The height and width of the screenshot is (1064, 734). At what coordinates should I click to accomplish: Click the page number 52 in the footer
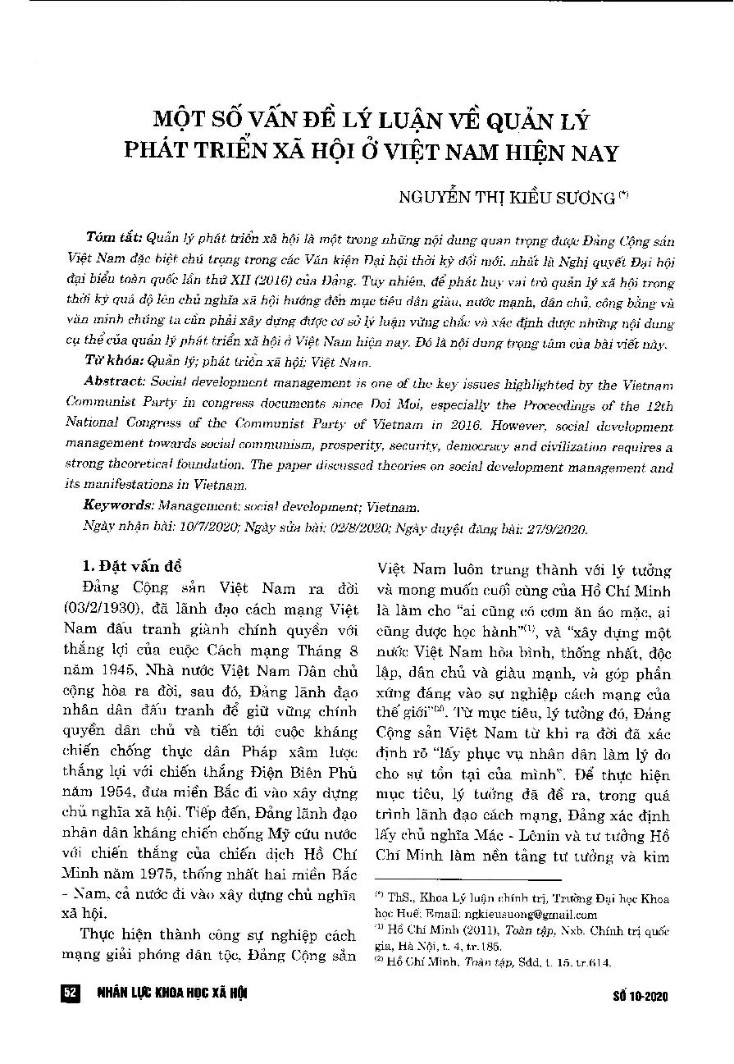pos(70,994)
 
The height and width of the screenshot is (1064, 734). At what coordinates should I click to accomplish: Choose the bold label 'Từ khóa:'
pos(114,361)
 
